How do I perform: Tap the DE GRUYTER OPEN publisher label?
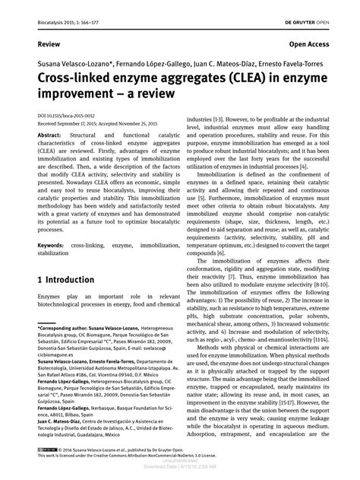coord(314,10)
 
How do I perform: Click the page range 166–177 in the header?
coord(93,10)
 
